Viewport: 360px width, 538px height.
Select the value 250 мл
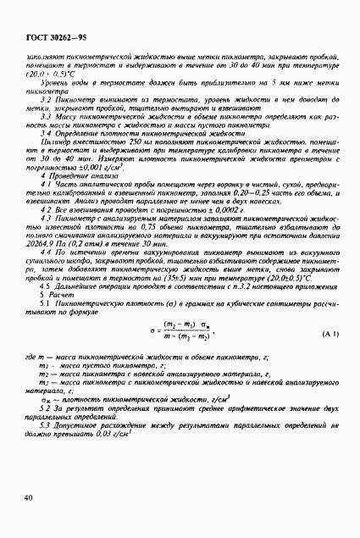(x=115, y=168)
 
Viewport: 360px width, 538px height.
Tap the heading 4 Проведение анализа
(x=81, y=199)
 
